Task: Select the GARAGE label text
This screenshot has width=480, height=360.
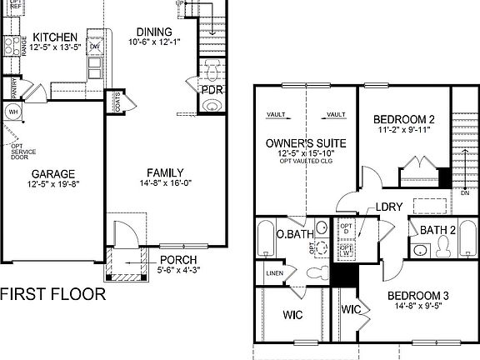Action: [52, 174]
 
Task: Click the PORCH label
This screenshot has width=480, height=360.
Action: [178, 259]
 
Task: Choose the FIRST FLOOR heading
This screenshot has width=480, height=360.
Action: [52, 293]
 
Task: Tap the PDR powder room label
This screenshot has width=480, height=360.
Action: [212, 90]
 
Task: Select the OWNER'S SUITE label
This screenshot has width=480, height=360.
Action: [305, 142]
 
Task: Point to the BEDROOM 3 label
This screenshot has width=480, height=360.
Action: [418, 296]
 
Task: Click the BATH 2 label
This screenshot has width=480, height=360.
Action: [437, 230]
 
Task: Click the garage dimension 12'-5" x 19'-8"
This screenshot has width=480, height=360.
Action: [52, 185]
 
